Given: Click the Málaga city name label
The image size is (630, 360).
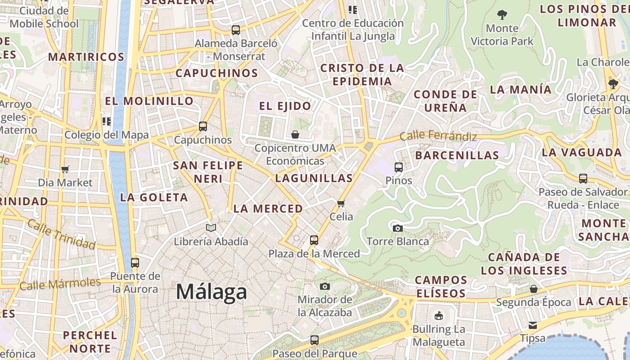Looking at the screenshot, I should coord(211,292).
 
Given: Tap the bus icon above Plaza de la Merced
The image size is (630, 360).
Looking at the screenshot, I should coord(314,240).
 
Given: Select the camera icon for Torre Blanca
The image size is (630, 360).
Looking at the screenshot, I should coord(397,228).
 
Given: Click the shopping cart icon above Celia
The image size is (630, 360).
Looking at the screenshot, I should coord(341,203).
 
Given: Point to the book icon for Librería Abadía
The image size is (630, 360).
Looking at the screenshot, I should coord(211,228).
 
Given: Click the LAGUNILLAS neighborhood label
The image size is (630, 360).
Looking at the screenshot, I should coord(314,178).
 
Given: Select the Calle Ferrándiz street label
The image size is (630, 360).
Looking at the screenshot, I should coord(438,135).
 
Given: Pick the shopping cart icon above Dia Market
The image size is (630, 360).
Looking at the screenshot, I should coord(65,170).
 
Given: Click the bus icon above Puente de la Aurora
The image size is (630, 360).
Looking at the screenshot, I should coord(135,263).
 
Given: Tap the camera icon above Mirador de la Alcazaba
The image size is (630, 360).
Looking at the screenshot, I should coord(325,286).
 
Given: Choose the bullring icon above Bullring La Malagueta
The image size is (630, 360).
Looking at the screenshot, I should coord(438,315).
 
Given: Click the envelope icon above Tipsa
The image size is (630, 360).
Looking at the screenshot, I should coord(533,325).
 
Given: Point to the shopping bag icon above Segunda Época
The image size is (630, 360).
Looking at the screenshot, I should coord(534,289).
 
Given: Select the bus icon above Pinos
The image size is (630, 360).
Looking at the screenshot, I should coord(399,167).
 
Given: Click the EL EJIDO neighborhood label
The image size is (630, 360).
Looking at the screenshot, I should coord(285,106).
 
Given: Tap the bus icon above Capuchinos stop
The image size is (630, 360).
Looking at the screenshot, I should coord(203,126).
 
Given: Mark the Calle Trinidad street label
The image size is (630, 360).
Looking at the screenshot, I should coord(61,234).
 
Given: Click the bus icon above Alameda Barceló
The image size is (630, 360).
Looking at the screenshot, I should coord(236,30).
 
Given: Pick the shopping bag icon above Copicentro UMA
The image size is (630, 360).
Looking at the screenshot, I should coord(295,135).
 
